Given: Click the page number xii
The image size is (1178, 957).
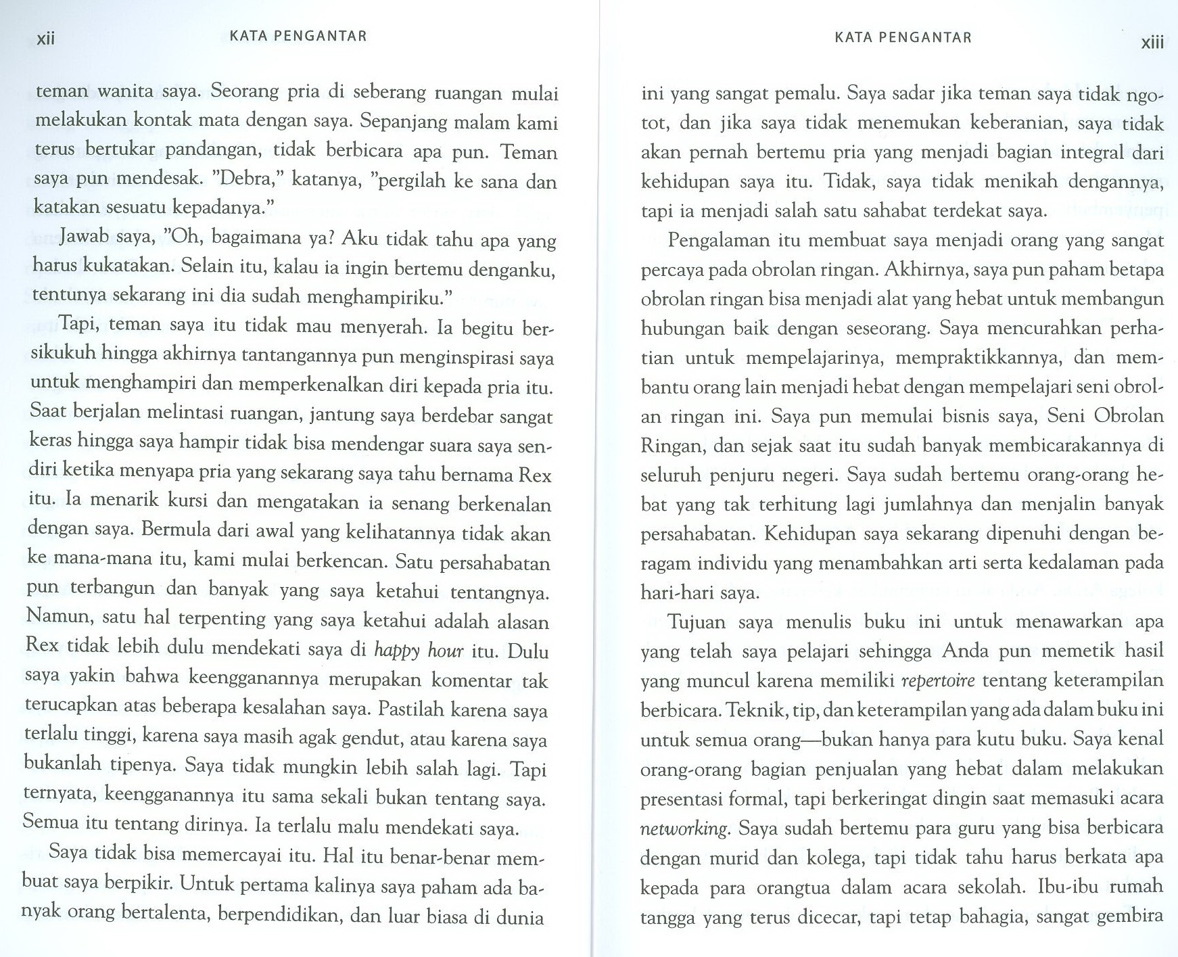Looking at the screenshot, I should (45, 39).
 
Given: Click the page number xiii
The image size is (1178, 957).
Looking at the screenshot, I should (1152, 43).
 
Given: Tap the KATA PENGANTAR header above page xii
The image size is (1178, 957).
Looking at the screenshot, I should (298, 37).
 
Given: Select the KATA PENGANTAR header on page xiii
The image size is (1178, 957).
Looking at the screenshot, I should (903, 38).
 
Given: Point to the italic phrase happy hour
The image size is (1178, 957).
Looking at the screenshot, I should (419, 651).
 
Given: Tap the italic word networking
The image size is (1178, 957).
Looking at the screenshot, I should (684, 828).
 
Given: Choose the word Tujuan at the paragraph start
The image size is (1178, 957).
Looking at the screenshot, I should (697, 622).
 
